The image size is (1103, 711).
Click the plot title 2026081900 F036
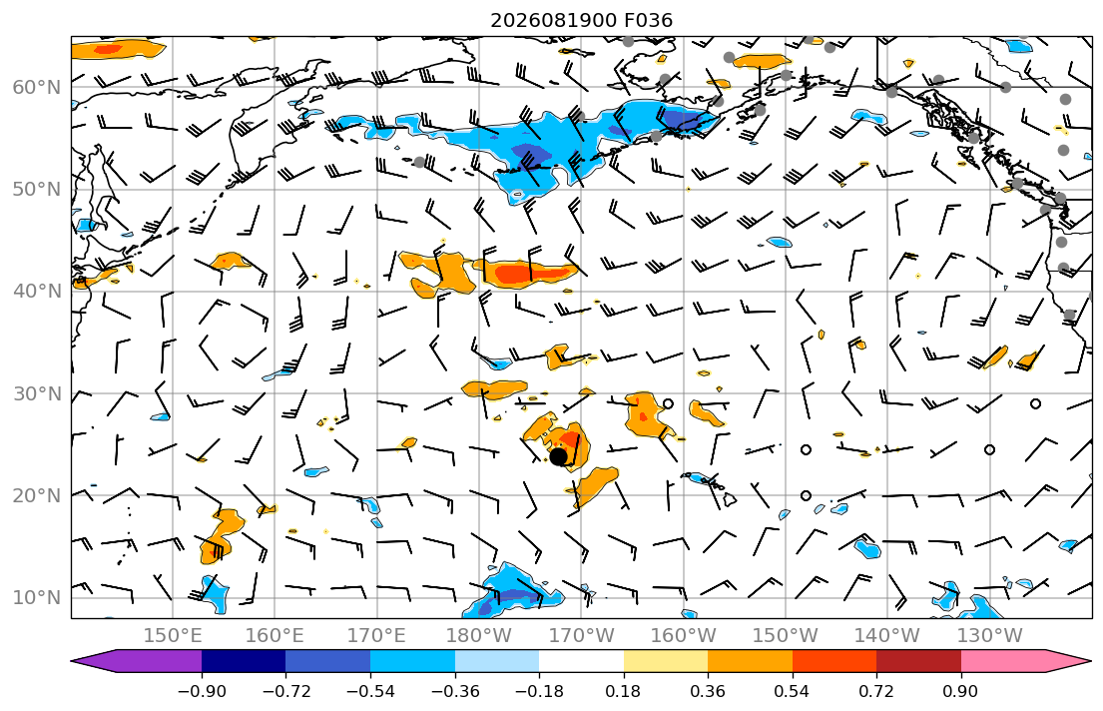(x=581, y=20)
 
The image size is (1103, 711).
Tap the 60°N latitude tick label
(x=37, y=87)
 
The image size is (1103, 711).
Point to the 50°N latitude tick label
(x=37, y=190)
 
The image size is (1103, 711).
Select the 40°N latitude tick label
(x=37, y=292)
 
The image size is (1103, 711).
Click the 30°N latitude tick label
(x=37, y=393)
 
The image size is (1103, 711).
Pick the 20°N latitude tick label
(x=37, y=495)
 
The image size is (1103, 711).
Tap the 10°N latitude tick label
(x=37, y=598)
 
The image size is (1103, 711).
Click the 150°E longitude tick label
(x=173, y=636)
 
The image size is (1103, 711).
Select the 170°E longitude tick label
(x=376, y=636)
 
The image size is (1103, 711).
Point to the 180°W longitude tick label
(x=479, y=636)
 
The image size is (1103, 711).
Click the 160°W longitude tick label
(x=683, y=636)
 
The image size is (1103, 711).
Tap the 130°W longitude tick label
(x=989, y=636)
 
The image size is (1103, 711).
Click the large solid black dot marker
(x=559, y=456)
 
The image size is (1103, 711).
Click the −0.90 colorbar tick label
(x=202, y=691)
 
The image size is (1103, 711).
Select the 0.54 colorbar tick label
(x=793, y=691)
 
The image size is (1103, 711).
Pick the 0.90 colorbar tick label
(x=961, y=691)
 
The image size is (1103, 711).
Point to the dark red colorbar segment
(x=918, y=661)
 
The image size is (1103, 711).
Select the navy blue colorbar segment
(x=245, y=661)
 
